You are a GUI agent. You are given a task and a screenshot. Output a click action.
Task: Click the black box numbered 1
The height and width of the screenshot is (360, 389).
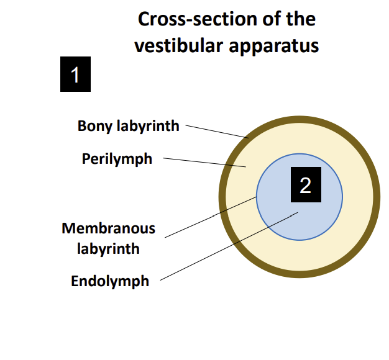(x=75, y=74)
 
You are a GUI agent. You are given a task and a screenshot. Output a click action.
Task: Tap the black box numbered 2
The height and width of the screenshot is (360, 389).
(x=305, y=184)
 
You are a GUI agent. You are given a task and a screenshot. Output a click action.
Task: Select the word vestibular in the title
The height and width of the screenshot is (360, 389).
(x=175, y=45)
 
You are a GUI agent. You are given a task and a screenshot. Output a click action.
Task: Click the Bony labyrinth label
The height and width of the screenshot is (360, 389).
(x=128, y=126)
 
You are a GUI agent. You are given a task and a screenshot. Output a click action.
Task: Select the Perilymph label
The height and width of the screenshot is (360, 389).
(x=117, y=159)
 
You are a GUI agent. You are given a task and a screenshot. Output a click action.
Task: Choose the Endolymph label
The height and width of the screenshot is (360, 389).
(x=110, y=281)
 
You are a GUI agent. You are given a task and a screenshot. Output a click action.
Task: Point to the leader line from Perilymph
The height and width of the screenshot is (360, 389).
(x=205, y=163)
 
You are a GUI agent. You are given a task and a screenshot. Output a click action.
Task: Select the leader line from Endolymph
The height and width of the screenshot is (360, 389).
(x=230, y=246)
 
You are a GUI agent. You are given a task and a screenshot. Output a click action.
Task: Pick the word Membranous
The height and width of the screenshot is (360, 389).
(x=109, y=228)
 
